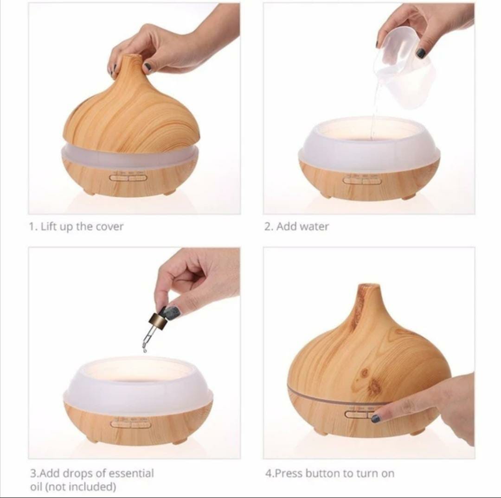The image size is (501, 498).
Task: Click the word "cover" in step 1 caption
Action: (x=109, y=227)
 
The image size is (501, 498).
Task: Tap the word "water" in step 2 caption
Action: (x=314, y=227)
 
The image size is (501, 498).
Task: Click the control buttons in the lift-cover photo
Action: (x=128, y=177)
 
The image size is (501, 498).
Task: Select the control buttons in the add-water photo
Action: (x=362, y=180)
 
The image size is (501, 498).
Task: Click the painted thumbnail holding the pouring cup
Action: (x=421, y=53)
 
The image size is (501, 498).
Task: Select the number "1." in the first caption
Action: (x=33, y=227)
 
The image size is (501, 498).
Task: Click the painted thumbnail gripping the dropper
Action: (x=172, y=313)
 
